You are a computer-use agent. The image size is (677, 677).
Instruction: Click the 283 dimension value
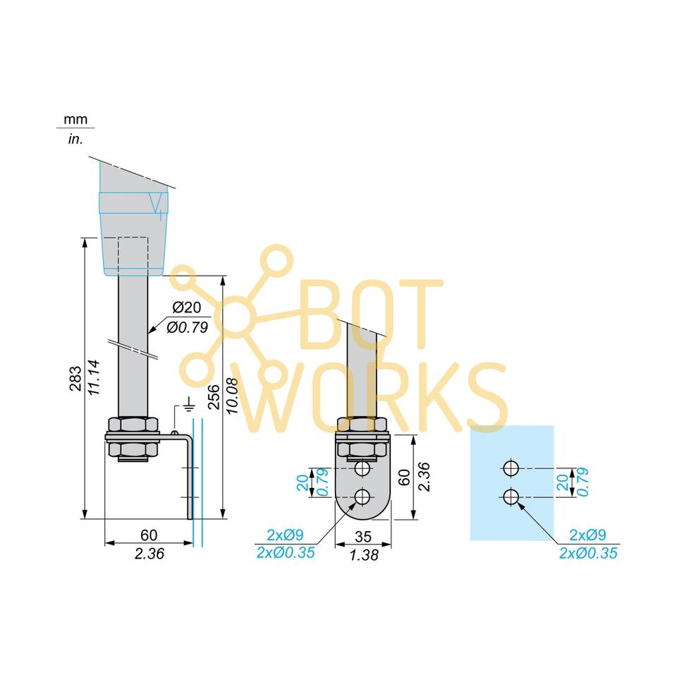(75, 379)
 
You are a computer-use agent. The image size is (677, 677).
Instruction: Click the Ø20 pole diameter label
(187, 307)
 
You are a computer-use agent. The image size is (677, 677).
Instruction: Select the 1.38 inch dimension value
(364, 554)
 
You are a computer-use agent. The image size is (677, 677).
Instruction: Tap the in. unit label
(75, 139)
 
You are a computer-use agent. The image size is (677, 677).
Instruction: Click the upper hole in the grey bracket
(363, 469)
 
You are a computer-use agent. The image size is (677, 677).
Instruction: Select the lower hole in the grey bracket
(363, 497)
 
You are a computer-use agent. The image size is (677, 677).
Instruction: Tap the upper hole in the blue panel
(511, 468)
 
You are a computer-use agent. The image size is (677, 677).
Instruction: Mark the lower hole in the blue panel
(511, 496)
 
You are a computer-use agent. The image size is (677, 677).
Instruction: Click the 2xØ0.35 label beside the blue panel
(588, 554)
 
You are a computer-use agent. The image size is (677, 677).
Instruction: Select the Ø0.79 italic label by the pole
(187, 327)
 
